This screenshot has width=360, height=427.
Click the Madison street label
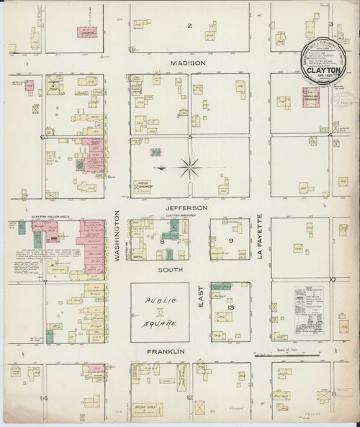(189, 63)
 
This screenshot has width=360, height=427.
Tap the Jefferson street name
(189, 207)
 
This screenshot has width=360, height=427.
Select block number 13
(230, 308)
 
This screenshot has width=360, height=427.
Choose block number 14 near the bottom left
(45, 398)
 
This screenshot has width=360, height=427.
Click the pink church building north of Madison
(89, 32)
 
